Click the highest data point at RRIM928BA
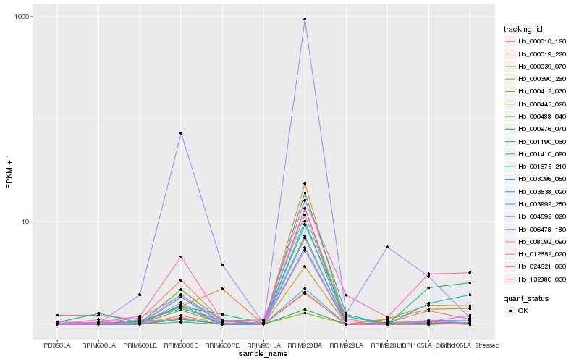pyautogui.click(x=305, y=20)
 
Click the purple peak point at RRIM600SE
pyautogui.click(x=181, y=133)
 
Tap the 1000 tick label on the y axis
pyautogui.click(x=22, y=17)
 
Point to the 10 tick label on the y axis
pyautogui.click(x=26, y=222)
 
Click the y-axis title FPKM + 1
pyautogui.click(x=9, y=177)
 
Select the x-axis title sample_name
pyautogui.click(x=263, y=354)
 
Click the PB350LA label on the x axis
pyautogui.click(x=57, y=345)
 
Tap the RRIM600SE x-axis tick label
pyautogui.click(x=181, y=345)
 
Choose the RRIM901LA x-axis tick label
pyautogui.click(x=263, y=345)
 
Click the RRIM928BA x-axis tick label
pyautogui.click(x=305, y=345)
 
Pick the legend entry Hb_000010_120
pyautogui.click(x=538, y=41)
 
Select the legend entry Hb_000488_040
pyautogui.click(x=538, y=116)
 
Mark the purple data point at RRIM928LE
pyautogui.click(x=387, y=248)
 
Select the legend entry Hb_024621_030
pyautogui.click(x=538, y=266)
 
